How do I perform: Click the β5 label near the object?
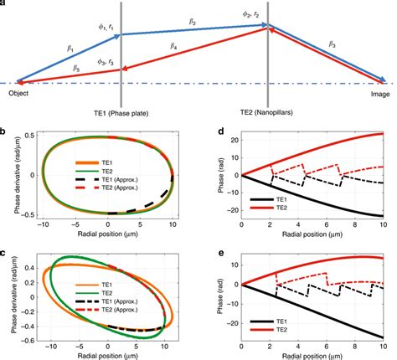[x=53, y=66]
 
